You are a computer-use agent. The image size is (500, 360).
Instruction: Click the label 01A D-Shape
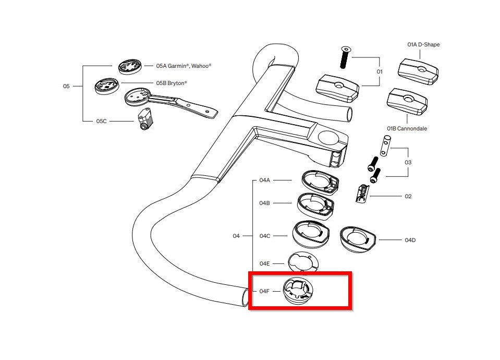tap(423, 45)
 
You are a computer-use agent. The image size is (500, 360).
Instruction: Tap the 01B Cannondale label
tap(407, 128)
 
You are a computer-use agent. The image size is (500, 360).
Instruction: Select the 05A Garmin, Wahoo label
tap(184, 66)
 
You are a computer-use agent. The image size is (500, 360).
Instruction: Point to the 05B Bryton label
tap(171, 83)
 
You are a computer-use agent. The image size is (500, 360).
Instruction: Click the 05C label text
tap(101, 121)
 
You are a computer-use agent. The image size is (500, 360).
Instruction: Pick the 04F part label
tap(265, 291)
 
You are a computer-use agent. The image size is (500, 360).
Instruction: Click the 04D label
tap(410, 240)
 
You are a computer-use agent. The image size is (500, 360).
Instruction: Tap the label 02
tap(408, 197)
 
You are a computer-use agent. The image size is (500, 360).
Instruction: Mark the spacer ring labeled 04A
tap(320, 181)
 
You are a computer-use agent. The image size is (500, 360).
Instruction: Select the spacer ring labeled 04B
tap(315, 204)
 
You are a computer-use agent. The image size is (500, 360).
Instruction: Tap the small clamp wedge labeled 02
tap(359, 193)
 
